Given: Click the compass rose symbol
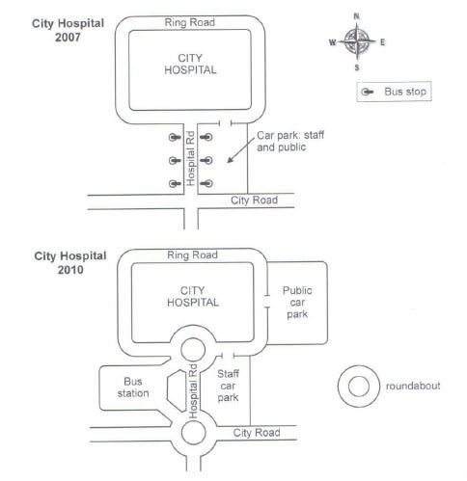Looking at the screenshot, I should [x=357, y=41].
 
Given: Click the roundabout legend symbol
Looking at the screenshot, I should [x=357, y=386].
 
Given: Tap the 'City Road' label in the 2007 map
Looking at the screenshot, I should [x=254, y=200].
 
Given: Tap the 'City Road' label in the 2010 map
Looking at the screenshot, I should [x=256, y=433].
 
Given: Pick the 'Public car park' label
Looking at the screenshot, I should [x=297, y=302].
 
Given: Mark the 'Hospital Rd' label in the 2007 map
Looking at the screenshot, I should [x=191, y=159].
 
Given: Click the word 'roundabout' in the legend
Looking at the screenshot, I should [x=413, y=386].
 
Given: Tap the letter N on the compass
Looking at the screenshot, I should [x=357, y=16].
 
